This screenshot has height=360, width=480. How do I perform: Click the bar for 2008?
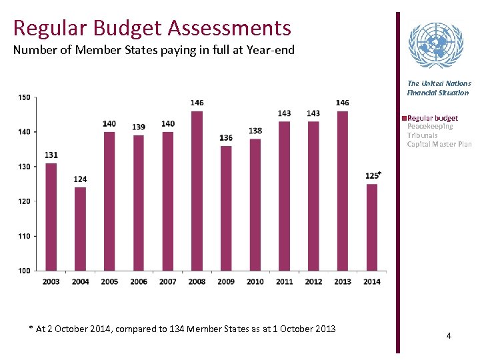coord(197,191)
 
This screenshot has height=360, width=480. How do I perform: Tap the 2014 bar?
coord(372,227)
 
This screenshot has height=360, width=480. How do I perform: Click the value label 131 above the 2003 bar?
coord(51,155)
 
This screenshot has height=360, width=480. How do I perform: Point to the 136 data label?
coord(226,138)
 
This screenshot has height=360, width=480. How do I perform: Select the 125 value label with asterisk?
coord(373,175)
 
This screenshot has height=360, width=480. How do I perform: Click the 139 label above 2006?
coord(139,127)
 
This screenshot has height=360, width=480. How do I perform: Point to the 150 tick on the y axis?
coord(24,97)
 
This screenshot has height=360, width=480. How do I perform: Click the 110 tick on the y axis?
coord(24,236)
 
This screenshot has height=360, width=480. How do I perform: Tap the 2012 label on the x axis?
coord(313,281)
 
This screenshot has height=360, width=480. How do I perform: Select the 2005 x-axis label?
coord(109,281)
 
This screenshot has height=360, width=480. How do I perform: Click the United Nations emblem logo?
coord(434,46)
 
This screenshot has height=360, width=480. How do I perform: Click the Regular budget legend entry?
coord(432,118)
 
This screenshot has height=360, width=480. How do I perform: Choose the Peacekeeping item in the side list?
coord(430,126)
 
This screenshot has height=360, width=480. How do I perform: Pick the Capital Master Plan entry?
coord(439,144)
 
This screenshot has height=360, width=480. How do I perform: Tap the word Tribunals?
coord(422,135)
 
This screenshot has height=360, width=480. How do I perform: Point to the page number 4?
coord(449,335)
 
